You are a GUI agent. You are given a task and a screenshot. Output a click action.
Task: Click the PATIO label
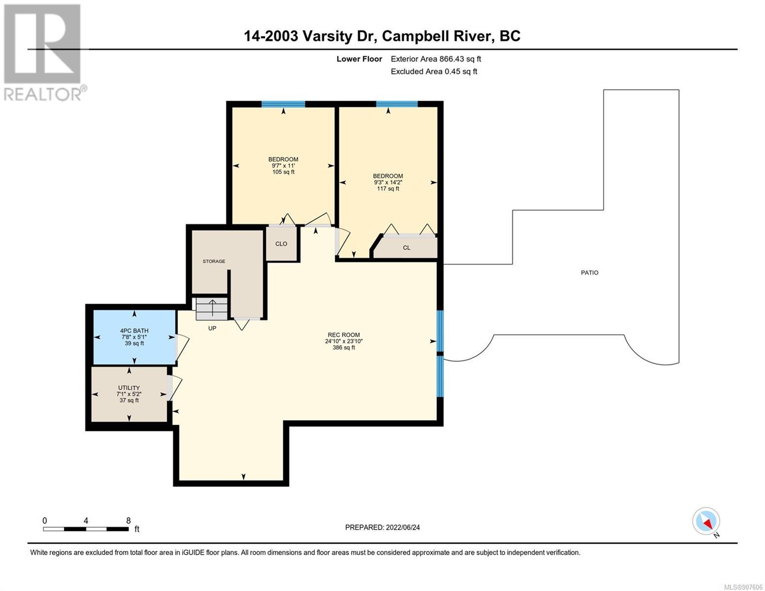[589, 272]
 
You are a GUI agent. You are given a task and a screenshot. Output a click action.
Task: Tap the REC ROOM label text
[344, 335]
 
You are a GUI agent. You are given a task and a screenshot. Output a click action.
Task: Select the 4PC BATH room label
[134, 330]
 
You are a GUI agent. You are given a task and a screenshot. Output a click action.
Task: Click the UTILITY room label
[129, 388]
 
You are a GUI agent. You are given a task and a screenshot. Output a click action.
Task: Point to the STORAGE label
[214, 261]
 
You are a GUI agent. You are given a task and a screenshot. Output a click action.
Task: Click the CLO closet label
[281, 244]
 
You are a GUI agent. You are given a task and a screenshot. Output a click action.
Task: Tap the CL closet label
[406, 247]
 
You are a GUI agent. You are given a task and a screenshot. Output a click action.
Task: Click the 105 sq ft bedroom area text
[283, 172]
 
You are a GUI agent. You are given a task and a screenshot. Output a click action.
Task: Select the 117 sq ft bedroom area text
[388, 188]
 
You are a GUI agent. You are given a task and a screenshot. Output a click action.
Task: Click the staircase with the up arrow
[212, 309]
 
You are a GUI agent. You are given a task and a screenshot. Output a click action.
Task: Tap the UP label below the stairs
[212, 328]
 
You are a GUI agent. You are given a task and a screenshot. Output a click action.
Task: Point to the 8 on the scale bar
[129, 520]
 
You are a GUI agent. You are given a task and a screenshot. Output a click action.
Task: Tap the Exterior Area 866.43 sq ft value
[436, 59]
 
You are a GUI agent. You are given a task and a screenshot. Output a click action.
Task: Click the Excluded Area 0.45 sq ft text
[434, 71]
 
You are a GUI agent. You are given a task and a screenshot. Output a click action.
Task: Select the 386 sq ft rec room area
[344, 347]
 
